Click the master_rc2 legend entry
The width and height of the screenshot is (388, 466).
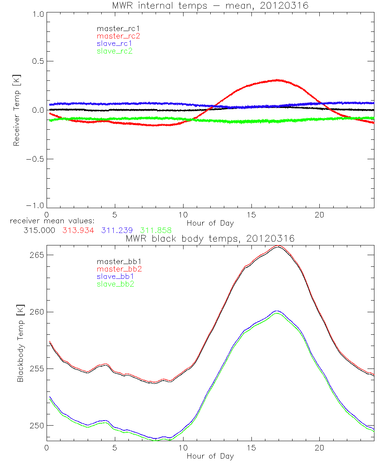118,36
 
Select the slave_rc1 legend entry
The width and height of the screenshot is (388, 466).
115,43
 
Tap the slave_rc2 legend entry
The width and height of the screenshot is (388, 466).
114,51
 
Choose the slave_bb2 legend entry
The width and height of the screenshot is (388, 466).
116,284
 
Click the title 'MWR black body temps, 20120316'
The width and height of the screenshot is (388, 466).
210,239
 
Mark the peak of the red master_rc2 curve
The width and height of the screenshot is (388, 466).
277,80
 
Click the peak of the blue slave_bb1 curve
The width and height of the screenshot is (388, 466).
277,311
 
